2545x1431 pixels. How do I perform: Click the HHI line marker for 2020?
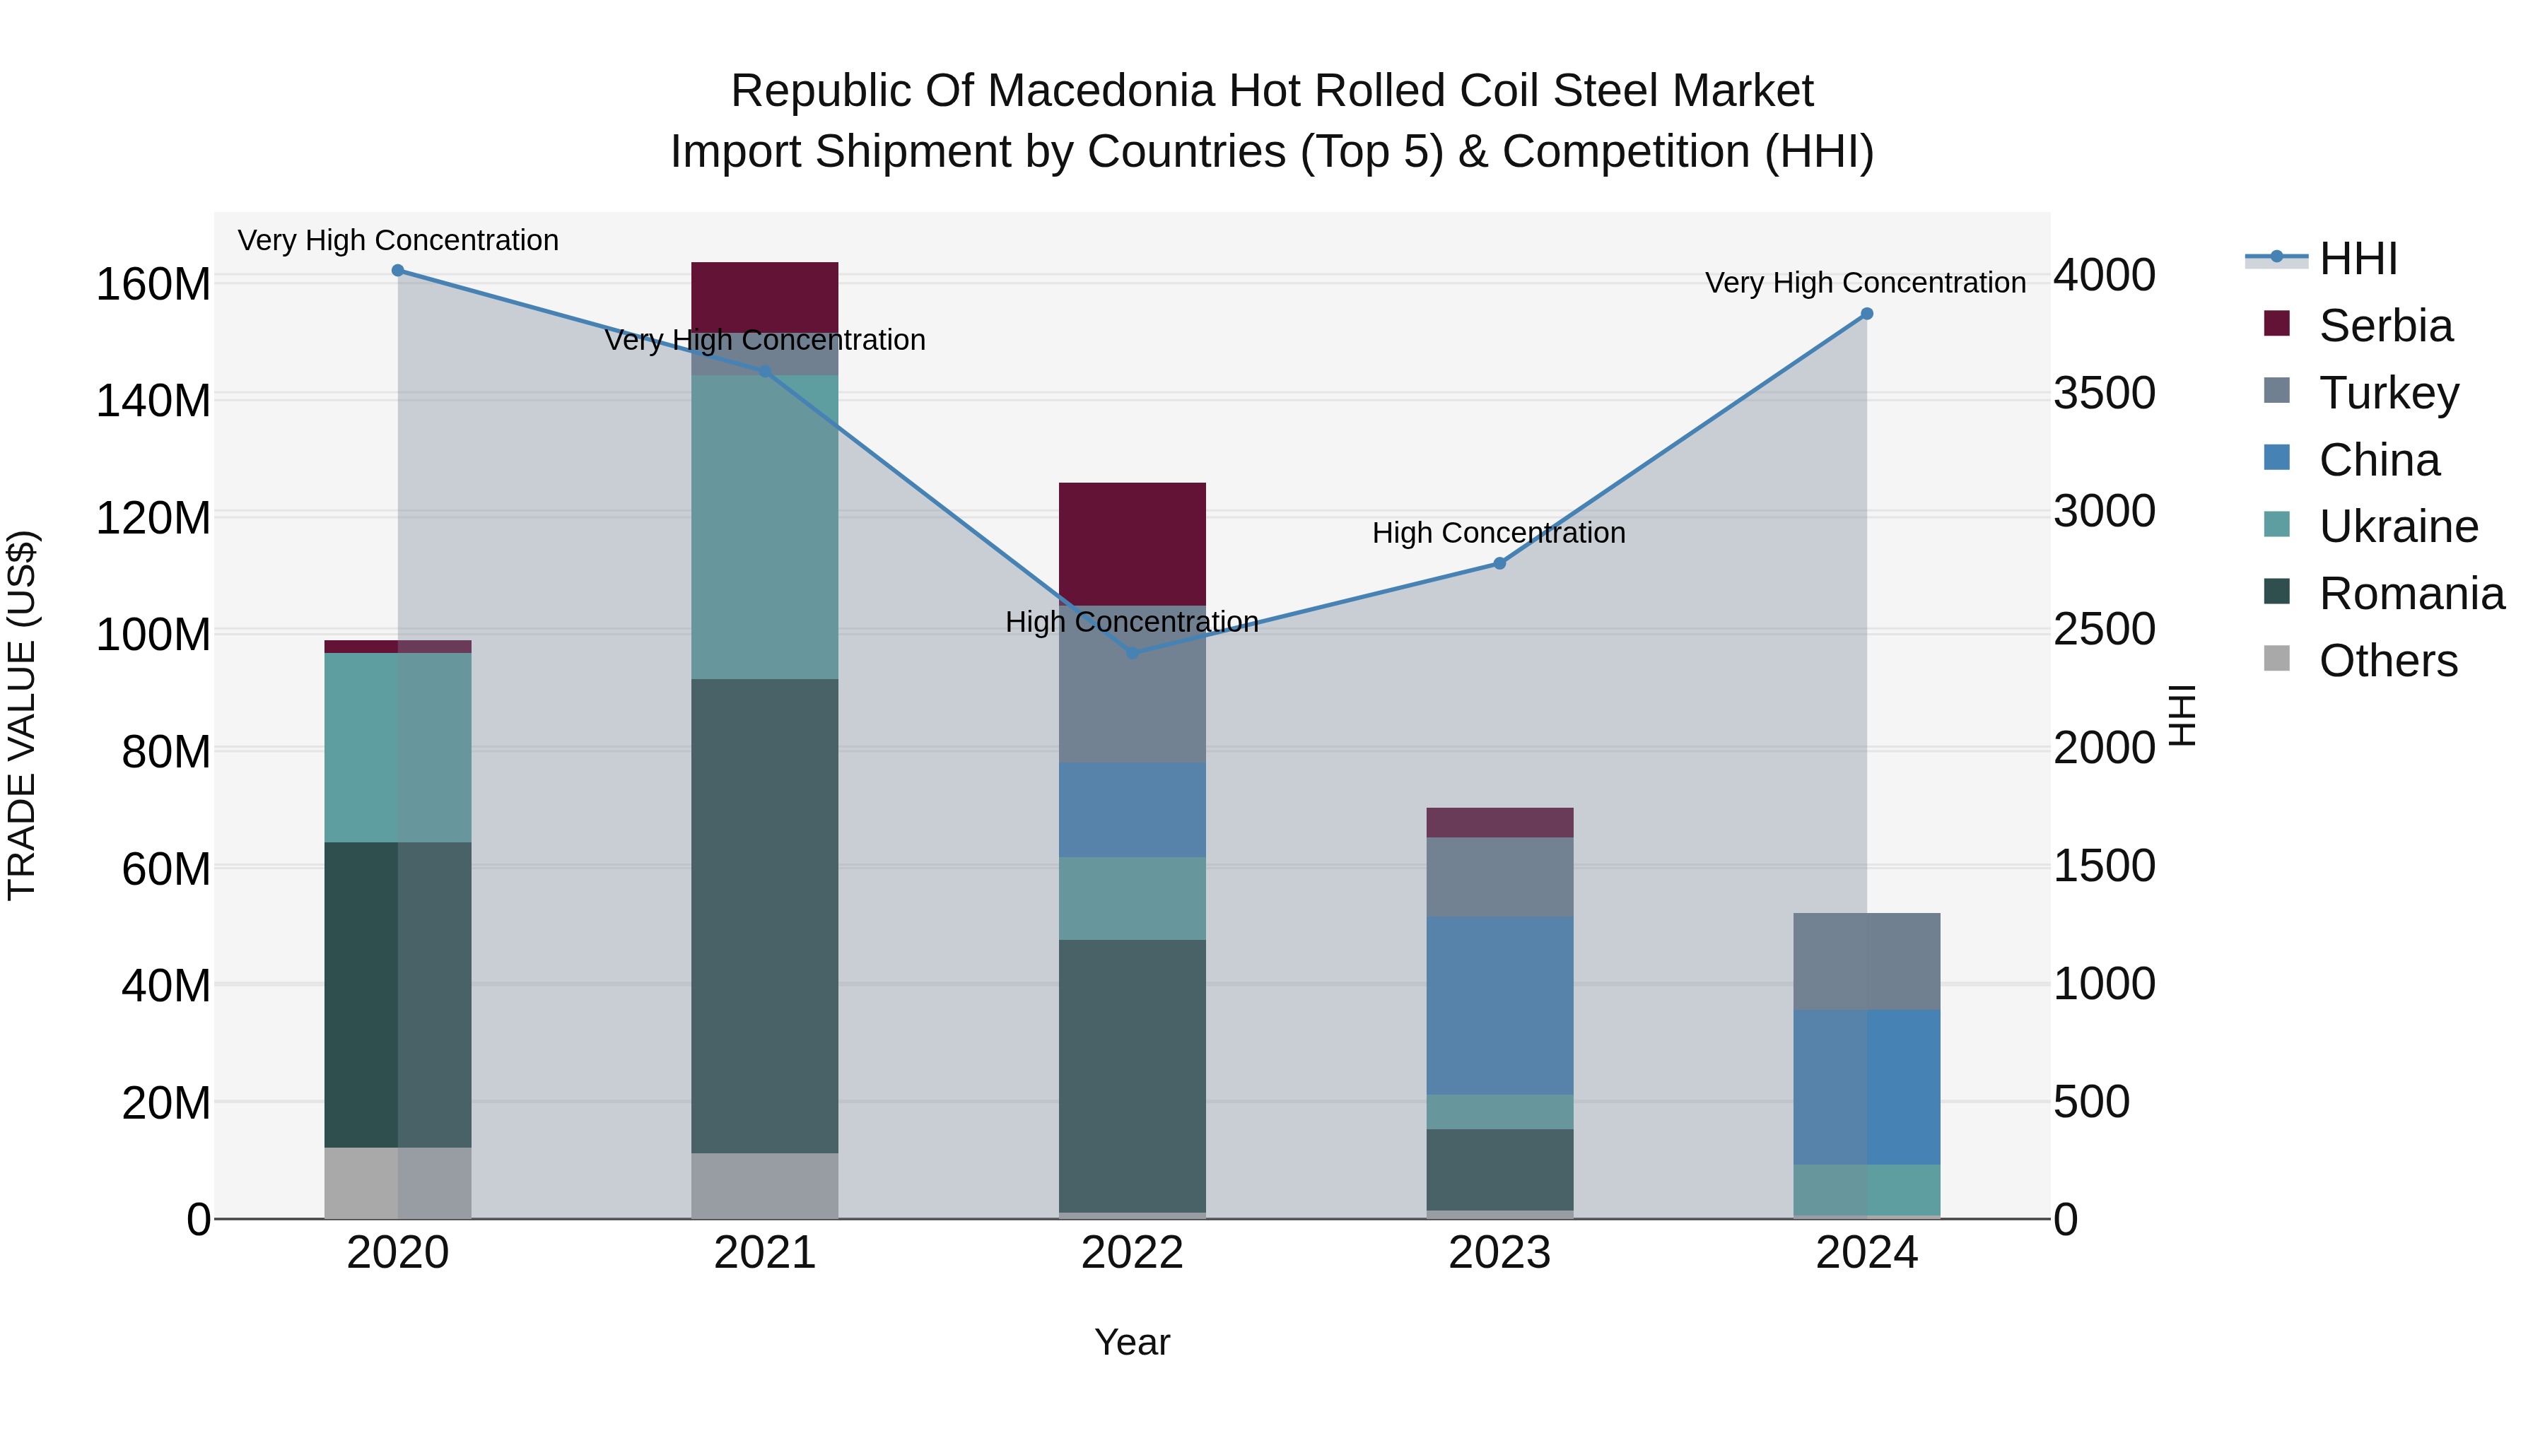point(398,271)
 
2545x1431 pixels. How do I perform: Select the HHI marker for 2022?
point(1133,653)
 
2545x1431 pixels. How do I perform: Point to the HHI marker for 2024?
point(1866,314)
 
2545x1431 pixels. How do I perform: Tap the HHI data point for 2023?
point(1499,564)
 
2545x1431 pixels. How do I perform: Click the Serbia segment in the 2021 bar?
point(765,296)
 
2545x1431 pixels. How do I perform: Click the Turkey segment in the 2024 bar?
point(1866,961)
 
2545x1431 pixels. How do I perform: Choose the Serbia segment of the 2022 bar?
point(1133,543)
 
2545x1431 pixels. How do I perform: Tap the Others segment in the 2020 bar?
point(398,1182)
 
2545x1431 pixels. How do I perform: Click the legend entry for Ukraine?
point(2398,526)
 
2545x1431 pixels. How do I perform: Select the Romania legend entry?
point(2411,594)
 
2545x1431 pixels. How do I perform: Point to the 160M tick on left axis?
point(153,284)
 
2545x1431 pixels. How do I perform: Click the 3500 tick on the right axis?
point(2103,393)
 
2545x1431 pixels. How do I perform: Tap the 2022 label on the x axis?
point(1133,1253)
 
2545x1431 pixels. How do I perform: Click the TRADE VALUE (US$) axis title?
point(22,715)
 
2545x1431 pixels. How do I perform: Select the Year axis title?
point(1133,1342)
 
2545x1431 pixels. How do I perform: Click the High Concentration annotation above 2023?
point(1498,534)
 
